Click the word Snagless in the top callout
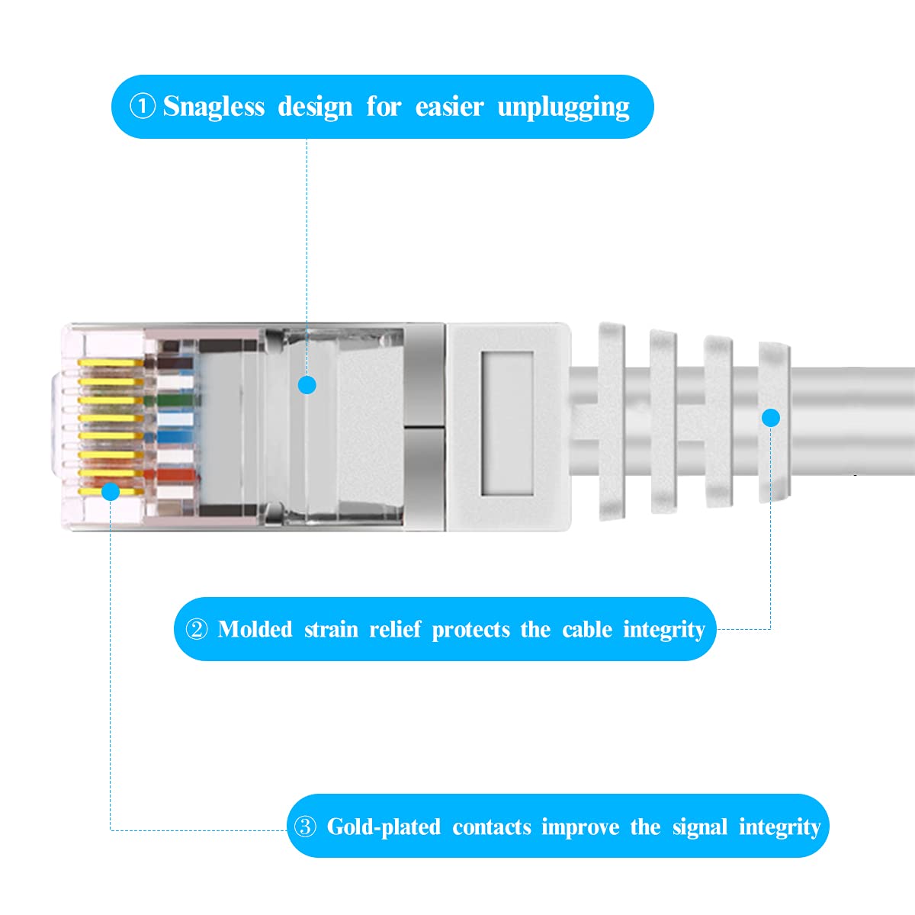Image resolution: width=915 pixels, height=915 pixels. (213, 107)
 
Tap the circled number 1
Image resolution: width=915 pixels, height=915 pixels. (143, 106)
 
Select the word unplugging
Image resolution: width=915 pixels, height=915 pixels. (563, 107)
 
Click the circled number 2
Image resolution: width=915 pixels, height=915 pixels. (197, 630)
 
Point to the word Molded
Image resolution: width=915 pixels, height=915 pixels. (255, 630)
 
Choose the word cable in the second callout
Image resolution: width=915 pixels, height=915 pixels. (587, 630)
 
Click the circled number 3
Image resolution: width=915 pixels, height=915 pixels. (305, 827)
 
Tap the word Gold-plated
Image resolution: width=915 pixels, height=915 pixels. (384, 827)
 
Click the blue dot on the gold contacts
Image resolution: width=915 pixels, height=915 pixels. (111, 491)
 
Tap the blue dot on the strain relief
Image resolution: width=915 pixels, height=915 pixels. (771, 417)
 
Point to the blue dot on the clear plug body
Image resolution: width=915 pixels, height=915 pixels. (307, 385)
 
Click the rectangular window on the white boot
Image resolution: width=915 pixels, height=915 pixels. (507, 422)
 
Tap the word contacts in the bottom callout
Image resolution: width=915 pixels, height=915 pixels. (491, 827)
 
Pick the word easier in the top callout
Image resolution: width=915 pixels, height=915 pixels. (449, 107)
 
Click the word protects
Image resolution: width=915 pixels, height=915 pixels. (470, 630)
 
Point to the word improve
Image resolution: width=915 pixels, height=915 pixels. (579, 827)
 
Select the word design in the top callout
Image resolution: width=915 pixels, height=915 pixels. (315, 107)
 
